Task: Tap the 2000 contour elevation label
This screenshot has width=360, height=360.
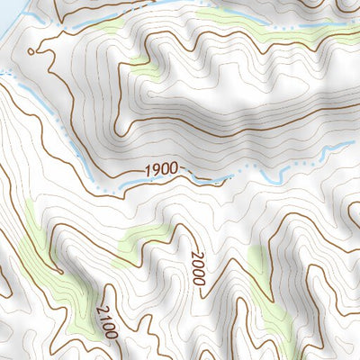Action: [197, 269]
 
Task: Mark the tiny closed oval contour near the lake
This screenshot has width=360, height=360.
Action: [33, 51]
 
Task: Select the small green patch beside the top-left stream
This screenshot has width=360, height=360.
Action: [105, 27]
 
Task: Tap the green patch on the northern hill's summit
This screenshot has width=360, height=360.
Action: [141, 65]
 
